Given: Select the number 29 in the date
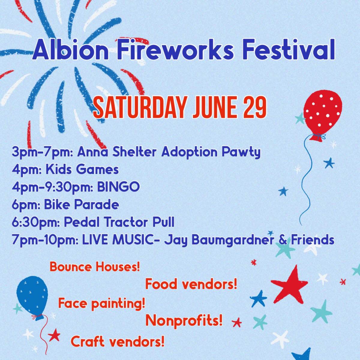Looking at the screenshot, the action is pos(254,107).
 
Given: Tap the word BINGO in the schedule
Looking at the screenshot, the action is pos(118,187).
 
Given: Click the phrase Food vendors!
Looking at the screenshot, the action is pos(191,284).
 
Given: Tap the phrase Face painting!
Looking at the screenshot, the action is pos(102,304).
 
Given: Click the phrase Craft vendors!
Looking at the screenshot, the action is pos(118,341).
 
